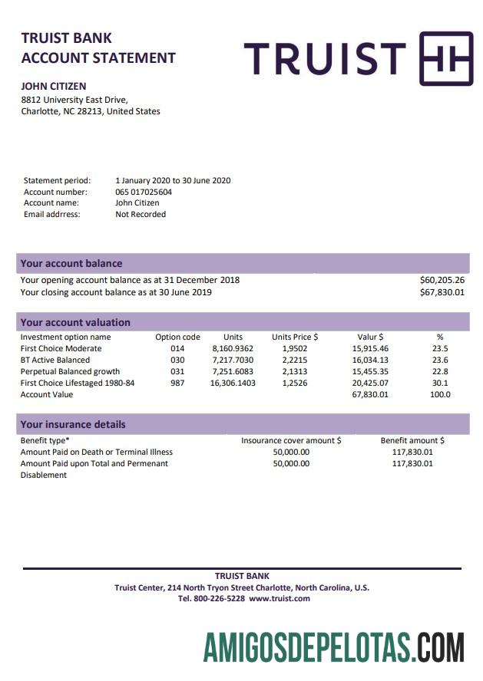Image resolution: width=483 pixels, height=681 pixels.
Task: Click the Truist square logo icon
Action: pyautogui.click(x=446, y=58)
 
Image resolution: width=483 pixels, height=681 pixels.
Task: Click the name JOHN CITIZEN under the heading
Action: pyautogui.click(x=53, y=87)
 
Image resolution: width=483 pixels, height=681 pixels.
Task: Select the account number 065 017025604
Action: pyautogui.click(x=144, y=192)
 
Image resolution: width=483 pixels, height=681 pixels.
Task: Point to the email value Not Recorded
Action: pyautogui.click(x=141, y=214)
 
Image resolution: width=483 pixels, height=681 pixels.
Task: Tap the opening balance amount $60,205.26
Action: pyautogui.click(x=442, y=280)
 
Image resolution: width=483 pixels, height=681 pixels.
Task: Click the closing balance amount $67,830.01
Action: pyautogui.click(x=442, y=292)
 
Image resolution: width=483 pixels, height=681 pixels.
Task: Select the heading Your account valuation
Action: pyautogui.click(x=75, y=323)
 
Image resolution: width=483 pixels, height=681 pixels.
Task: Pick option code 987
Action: pyautogui.click(x=177, y=383)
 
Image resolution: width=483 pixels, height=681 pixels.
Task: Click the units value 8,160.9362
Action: pyautogui.click(x=233, y=348)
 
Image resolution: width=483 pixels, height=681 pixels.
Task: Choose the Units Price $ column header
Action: pyautogui.click(x=295, y=337)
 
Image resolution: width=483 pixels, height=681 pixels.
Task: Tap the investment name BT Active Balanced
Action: pyautogui.click(x=55, y=360)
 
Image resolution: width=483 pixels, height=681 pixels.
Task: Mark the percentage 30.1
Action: pyautogui.click(x=440, y=383)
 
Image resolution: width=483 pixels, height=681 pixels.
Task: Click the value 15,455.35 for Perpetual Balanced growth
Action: pyautogui.click(x=370, y=371)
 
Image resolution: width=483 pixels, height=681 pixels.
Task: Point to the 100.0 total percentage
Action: pyautogui.click(x=440, y=394)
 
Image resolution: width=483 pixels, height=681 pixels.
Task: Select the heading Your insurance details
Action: pyautogui.click(x=73, y=424)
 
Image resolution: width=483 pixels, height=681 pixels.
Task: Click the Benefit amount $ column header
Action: pyautogui.click(x=412, y=441)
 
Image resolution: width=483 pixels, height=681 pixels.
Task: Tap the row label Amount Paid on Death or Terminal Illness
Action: pyautogui.click(x=96, y=452)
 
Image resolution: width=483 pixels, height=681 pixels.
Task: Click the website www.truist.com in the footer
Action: pyautogui.click(x=280, y=598)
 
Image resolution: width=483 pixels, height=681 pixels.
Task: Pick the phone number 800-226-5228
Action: pyautogui.click(x=220, y=598)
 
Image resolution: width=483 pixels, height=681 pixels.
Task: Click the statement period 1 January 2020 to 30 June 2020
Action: pyautogui.click(x=173, y=181)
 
